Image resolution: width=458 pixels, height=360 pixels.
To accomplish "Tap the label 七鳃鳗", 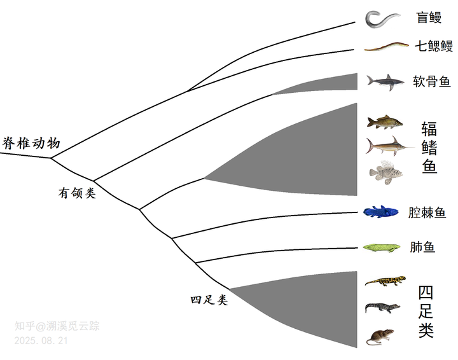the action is pos(434,46).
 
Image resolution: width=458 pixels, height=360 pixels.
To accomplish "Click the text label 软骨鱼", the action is pos(432,81).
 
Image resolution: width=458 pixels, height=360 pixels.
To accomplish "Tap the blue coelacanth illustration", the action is pos(382,212).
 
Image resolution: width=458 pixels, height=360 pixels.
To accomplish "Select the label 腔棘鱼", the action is pos(427,212).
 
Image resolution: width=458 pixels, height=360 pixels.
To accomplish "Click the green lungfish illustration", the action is pos(381,247).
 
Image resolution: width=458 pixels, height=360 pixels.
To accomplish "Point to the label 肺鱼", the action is pos(423,247).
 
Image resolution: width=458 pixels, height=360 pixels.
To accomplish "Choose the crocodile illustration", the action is pos(383,308).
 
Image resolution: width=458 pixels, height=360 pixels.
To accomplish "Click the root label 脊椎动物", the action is pos(31,142).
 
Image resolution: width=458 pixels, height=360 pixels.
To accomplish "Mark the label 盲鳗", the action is pos(429,18).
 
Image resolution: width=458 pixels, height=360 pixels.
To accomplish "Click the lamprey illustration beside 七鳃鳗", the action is pos(385,46).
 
